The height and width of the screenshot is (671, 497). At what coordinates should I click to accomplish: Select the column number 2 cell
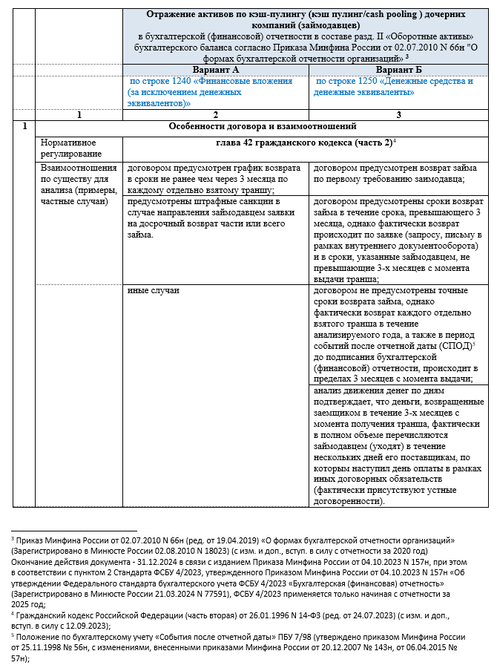[x=214, y=114]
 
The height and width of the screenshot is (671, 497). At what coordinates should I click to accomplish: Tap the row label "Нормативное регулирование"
[x=70, y=147]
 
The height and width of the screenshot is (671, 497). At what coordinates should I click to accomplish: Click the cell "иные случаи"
[x=153, y=290]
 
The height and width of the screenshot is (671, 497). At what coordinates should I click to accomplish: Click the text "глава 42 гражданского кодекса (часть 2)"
[x=303, y=141]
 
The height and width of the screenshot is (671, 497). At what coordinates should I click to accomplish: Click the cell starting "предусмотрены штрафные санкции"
[x=214, y=217]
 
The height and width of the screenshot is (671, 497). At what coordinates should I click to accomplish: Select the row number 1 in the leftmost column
[x=24, y=127]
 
